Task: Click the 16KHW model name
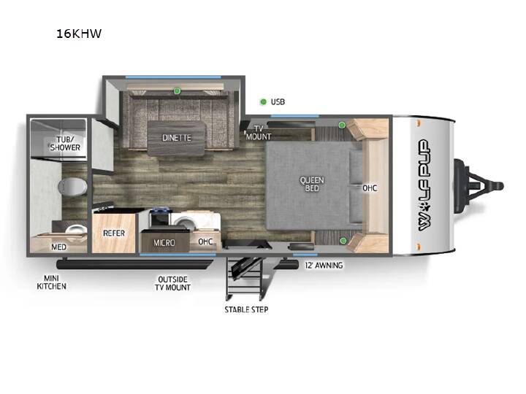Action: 78,34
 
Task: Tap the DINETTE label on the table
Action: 177,138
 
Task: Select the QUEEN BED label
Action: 312,184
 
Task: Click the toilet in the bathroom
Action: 72,186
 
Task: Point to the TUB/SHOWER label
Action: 65,144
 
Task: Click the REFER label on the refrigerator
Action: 114,233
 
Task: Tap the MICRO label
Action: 164,242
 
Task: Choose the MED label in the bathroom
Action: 58,247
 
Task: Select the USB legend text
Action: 278,101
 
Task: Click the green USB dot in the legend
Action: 263,101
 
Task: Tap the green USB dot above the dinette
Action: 177,90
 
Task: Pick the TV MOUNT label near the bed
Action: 259,133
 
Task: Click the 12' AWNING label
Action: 324,265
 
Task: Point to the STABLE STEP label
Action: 246,309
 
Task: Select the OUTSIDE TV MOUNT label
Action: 172,283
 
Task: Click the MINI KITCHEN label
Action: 51,282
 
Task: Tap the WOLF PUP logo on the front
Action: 424,185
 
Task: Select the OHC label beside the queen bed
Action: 370,188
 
